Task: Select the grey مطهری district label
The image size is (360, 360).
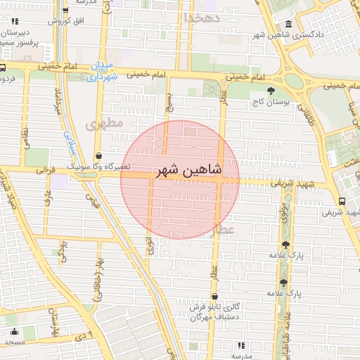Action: click(104, 123)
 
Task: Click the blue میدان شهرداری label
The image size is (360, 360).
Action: click(101, 71)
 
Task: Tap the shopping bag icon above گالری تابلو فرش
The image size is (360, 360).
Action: click(214, 296)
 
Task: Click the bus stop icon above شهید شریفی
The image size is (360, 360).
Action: click(342, 200)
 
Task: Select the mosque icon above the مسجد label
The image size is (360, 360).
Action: click(13, 331)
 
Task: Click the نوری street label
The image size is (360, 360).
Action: click(149, 245)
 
